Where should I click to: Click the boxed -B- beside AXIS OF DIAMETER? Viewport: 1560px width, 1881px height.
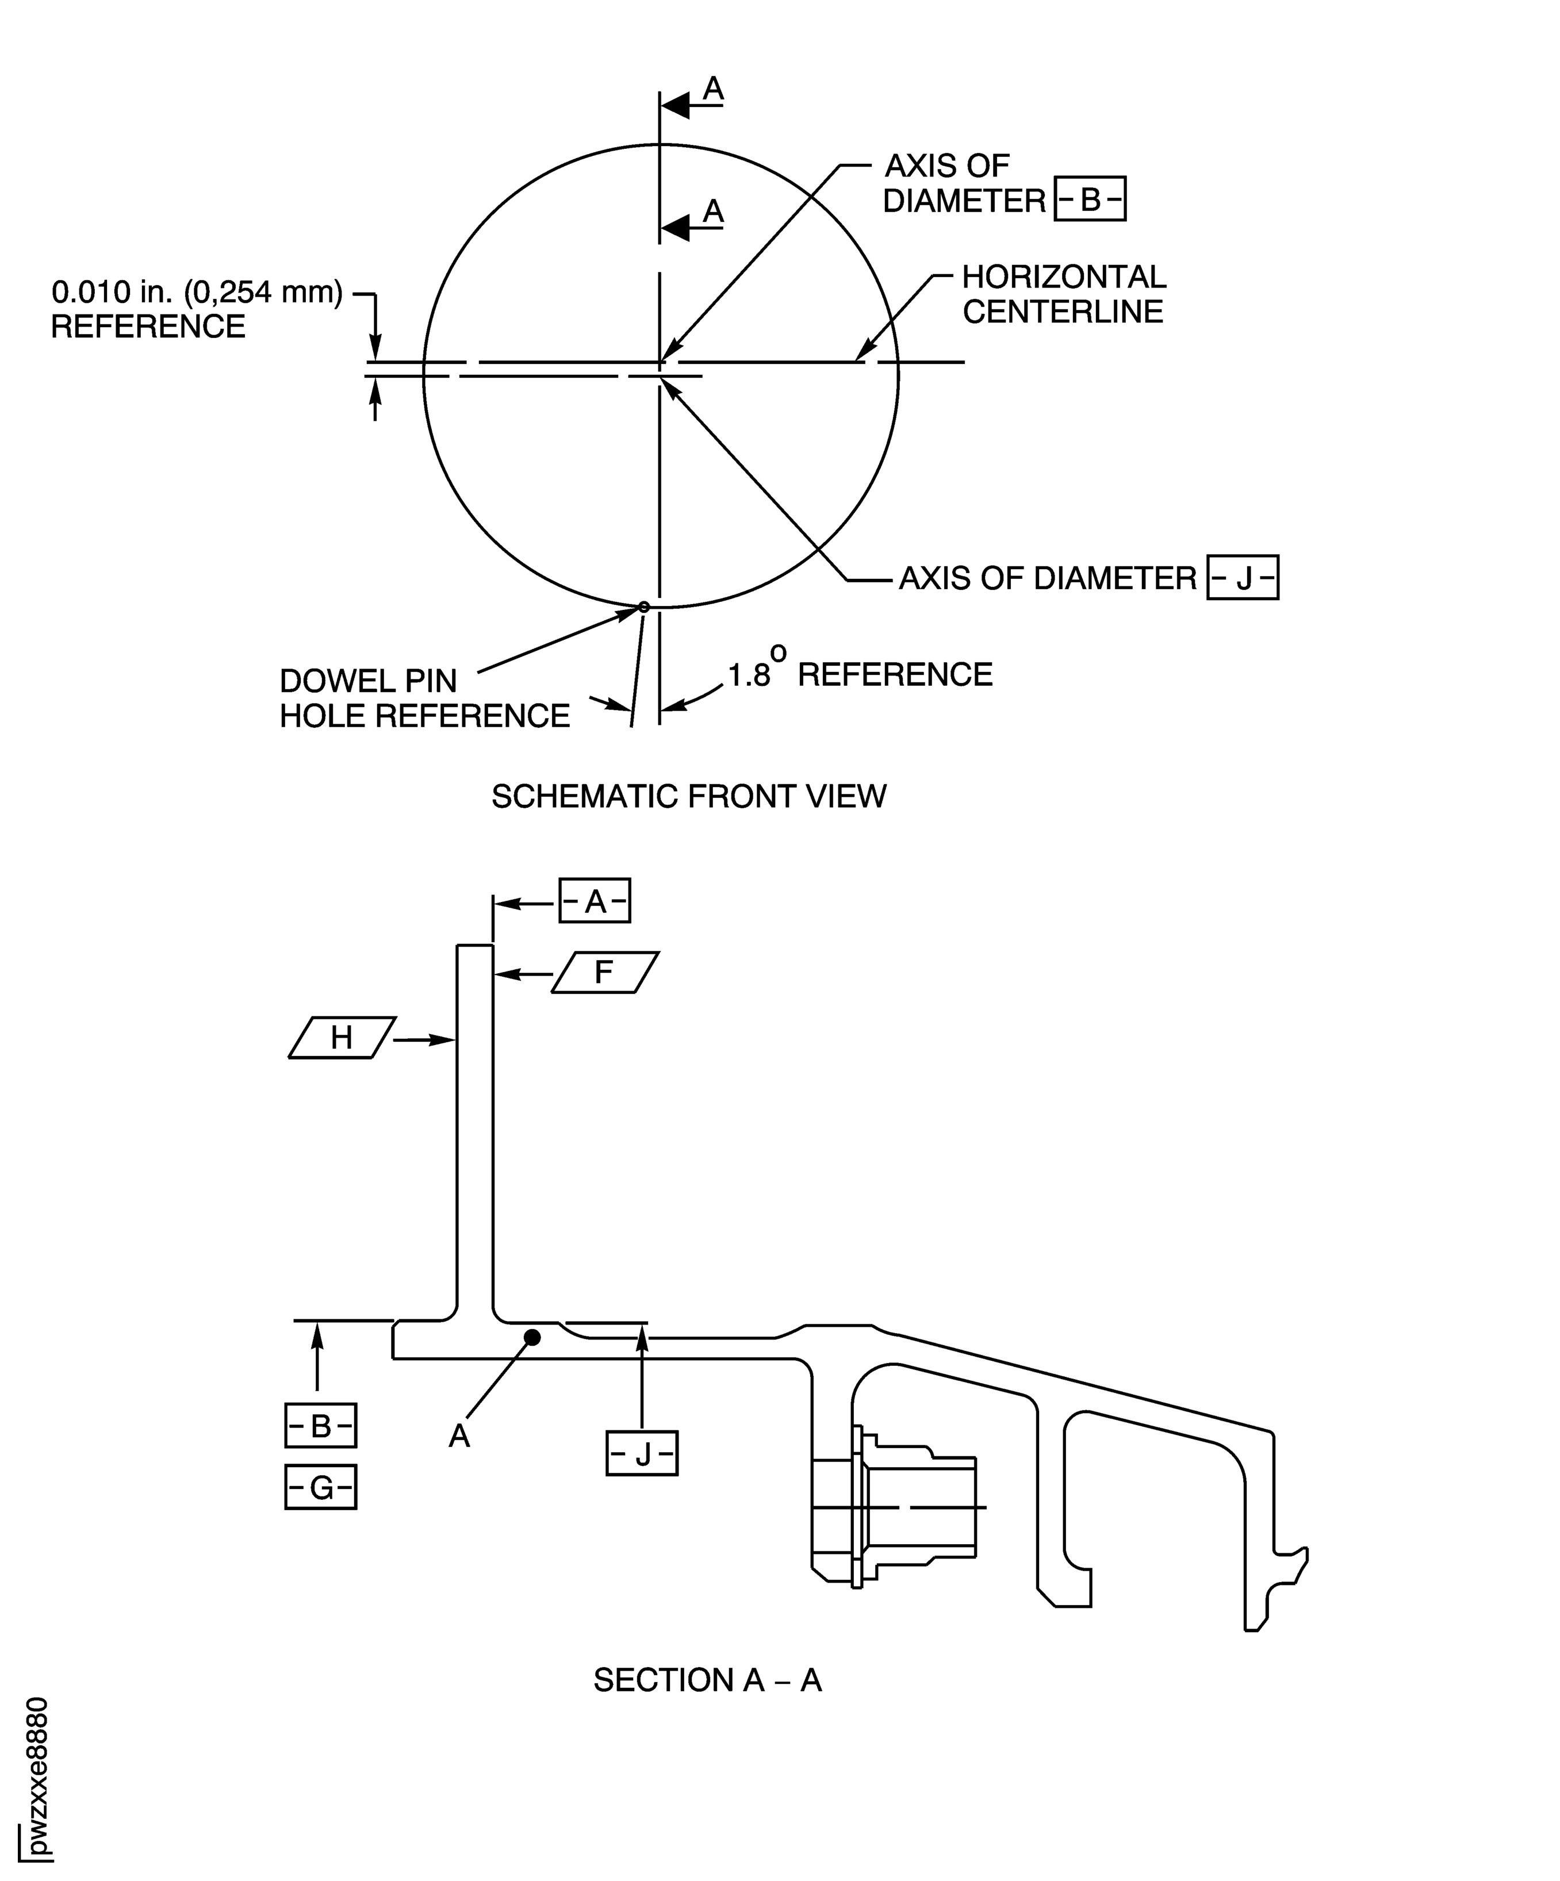click(1090, 199)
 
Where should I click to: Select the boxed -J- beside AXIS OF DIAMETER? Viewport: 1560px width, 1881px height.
click(1242, 578)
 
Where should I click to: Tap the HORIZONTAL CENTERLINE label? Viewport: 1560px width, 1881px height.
click(1064, 294)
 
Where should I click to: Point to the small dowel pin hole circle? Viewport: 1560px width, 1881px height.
click(643, 607)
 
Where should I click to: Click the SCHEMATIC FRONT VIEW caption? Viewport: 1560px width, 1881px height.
click(689, 796)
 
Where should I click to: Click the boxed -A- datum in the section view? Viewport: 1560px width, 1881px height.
click(595, 901)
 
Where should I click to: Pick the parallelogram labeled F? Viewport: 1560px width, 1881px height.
click(605, 972)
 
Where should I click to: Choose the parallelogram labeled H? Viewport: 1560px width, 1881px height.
click(342, 1037)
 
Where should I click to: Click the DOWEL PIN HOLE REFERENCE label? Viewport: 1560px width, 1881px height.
click(425, 698)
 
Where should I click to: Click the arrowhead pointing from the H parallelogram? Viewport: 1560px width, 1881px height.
click(443, 1040)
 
